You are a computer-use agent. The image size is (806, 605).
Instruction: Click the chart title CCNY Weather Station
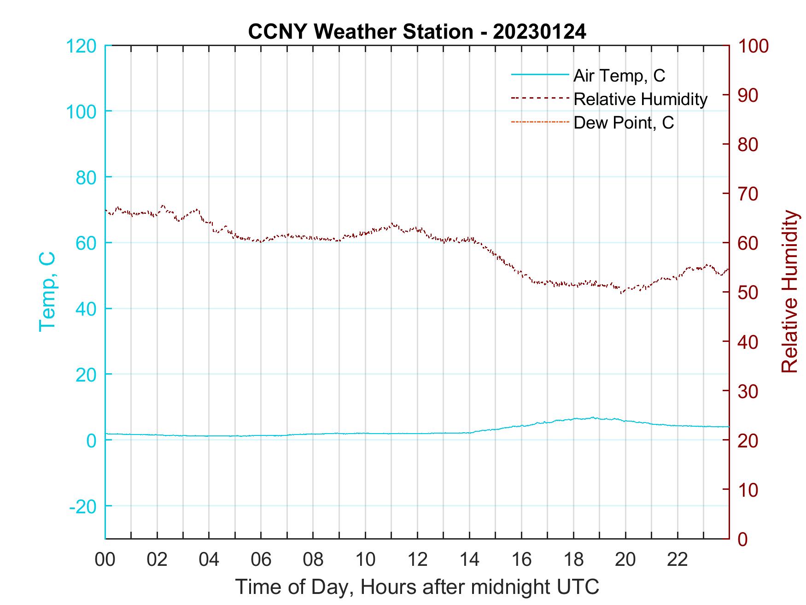pos(360,32)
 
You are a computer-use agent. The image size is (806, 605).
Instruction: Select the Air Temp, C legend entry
pos(619,76)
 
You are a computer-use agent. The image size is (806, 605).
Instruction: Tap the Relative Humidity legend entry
pos(640,99)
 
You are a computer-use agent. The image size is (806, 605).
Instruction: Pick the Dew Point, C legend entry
pos(623,123)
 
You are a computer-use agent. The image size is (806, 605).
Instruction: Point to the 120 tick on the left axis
pos(81,46)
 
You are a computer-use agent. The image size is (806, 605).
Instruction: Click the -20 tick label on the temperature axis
pos(82,506)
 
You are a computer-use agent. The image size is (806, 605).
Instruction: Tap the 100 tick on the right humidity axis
pos(753,46)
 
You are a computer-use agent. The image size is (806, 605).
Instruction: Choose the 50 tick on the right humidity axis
pos(748,293)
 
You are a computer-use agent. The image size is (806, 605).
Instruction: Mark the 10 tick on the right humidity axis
pos(748,490)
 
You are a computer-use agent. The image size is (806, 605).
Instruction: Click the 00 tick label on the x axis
pos(105,559)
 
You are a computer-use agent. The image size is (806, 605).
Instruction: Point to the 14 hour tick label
pos(469,559)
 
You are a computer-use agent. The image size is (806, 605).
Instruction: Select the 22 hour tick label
pos(678,559)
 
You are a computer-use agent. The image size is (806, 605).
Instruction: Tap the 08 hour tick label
pos(313,559)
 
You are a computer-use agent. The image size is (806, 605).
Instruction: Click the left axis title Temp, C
pos(47,291)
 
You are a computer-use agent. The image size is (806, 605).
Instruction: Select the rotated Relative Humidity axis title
pos(789,291)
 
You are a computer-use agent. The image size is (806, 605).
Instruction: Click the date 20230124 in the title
pos(539,32)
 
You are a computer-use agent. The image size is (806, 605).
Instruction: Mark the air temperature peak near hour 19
pos(593,417)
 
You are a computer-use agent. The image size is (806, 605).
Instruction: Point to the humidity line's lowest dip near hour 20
pos(622,293)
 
